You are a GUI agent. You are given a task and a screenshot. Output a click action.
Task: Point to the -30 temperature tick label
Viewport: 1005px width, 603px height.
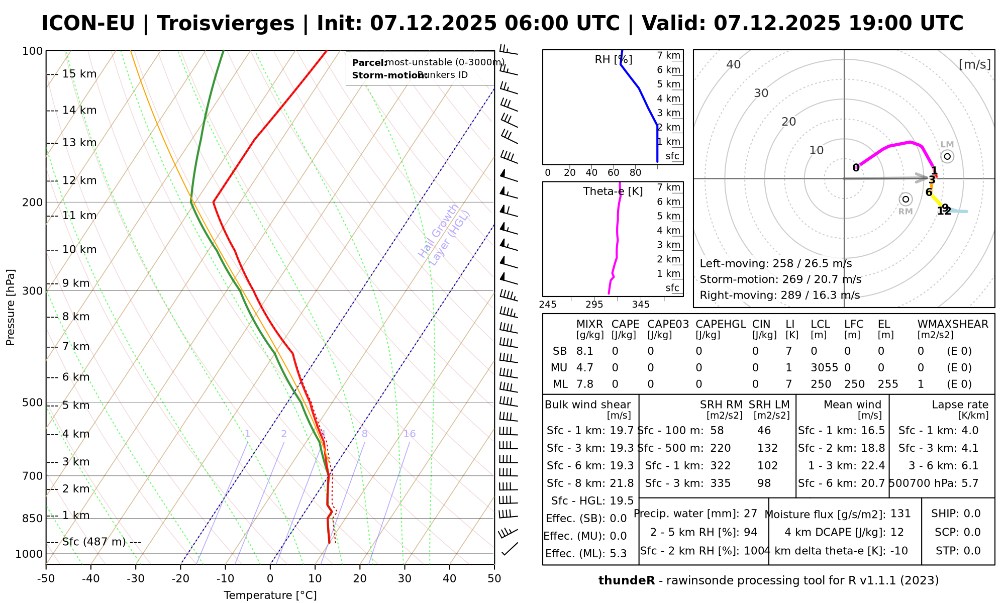pyautogui.click(x=136, y=579)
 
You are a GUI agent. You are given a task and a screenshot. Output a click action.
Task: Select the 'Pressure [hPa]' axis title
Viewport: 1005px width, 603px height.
pyautogui.click(x=11, y=307)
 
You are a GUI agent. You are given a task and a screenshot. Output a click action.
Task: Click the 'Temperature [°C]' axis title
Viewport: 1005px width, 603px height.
pyautogui.click(x=270, y=595)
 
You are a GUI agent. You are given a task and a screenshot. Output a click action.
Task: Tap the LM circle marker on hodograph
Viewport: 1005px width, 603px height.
pyautogui.click(x=947, y=156)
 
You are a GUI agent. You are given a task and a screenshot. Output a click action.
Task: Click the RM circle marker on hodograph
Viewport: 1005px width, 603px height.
pyautogui.click(x=906, y=199)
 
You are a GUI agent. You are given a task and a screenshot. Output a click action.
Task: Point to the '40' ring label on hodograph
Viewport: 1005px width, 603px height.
pyautogui.click(x=734, y=64)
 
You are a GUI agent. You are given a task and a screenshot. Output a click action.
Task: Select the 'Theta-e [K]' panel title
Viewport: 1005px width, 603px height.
pyautogui.click(x=613, y=191)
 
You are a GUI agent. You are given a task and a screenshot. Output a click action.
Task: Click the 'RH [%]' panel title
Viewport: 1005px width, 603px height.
pyautogui.click(x=613, y=60)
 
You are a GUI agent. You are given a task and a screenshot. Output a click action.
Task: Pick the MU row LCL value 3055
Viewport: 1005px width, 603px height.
pyautogui.click(x=824, y=368)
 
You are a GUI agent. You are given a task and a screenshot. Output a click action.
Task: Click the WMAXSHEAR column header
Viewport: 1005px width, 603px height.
pyautogui.click(x=953, y=324)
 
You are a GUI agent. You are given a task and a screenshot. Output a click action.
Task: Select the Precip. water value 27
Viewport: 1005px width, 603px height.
pyautogui.click(x=750, y=514)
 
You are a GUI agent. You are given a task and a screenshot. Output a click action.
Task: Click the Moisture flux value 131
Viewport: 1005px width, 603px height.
pyautogui.click(x=900, y=514)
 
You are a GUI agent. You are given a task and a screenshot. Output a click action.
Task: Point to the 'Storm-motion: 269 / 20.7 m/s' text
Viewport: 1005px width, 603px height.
pyautogui.click(x=780, y=279)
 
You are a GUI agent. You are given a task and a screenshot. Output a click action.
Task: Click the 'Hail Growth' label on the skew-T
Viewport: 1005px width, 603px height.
pyautogui.click(x=438, y=231)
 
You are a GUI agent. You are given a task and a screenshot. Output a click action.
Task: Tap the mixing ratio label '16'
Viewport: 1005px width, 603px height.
pyautogui.click(x=410, y=434)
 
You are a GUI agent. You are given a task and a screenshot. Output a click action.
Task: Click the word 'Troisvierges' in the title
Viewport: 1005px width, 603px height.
pyautogui.click(x=226, y=24)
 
